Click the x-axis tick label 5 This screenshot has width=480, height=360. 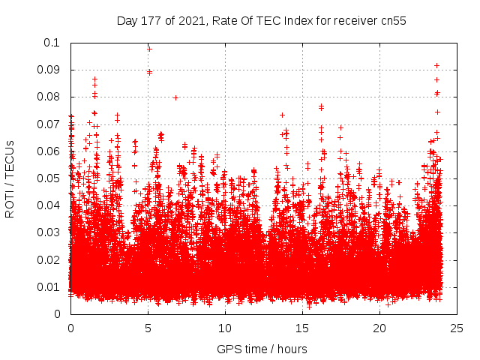pyautogui.click(x=148, y=328)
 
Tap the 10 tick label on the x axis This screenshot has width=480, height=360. pyautogui.click(x=225, y=328)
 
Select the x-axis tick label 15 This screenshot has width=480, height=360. pyautogui.click(x=302, y=328)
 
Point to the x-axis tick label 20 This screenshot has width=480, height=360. pyautogui.click(x=379, y=328)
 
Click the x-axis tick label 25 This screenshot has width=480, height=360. pyautogui.click(x=457, y=328)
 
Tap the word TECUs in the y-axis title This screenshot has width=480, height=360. pyautogui.click(x=10, y=157)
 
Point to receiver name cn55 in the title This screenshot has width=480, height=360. pyautogui.click(x=392, y=21)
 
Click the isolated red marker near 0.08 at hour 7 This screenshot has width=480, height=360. pyautogui.click(x=175, y=97)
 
